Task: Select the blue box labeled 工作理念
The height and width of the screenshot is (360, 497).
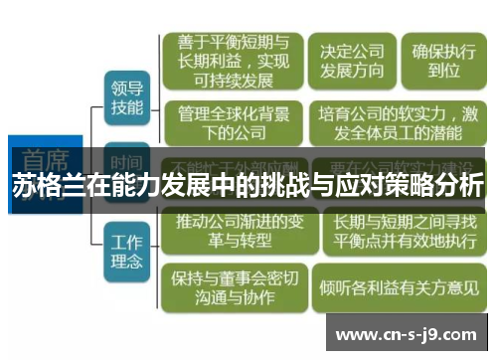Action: coord(126,251)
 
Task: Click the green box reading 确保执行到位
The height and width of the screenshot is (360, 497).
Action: coord(442,60)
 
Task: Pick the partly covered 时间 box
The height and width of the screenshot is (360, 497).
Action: coord(126,161)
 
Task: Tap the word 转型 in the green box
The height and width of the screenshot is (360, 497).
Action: coord(255,240)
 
